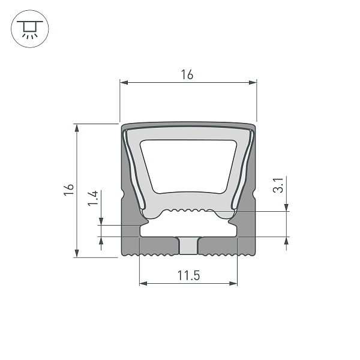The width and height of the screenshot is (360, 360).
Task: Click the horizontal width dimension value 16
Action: coord(187,74)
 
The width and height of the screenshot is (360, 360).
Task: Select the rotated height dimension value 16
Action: coord(69,189)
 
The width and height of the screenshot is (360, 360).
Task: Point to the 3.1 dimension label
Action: coord(277,186)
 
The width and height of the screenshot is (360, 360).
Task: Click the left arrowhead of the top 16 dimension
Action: coord(123,82)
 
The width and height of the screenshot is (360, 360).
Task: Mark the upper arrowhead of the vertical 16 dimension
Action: coord(76,127)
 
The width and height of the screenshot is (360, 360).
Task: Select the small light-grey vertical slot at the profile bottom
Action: coord(188,246)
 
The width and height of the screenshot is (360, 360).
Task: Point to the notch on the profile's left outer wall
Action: coord(123,196)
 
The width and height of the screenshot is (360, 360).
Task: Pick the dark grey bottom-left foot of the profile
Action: coord(150,247)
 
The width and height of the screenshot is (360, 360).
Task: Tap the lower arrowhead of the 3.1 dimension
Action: coord(286,241)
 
